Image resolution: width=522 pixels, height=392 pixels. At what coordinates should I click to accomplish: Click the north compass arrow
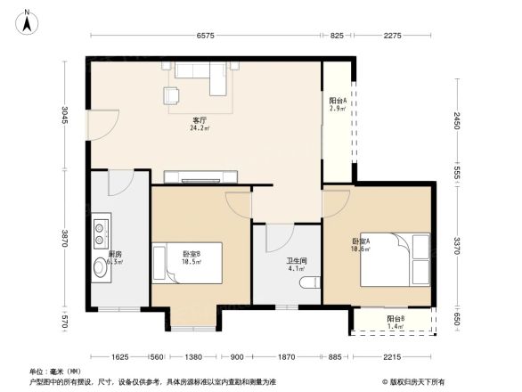(x=29, y=20)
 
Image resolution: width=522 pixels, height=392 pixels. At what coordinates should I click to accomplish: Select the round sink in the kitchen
(x=99, y=267)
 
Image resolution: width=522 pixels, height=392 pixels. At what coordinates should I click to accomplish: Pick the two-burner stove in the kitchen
(x=99, y=229)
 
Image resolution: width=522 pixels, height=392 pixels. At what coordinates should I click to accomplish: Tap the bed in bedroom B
(x=185, y=264)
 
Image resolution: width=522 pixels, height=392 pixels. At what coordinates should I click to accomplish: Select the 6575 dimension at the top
(x=206, y=35)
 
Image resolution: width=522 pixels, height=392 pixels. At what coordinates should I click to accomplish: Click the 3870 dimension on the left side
(x=65, y=239)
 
